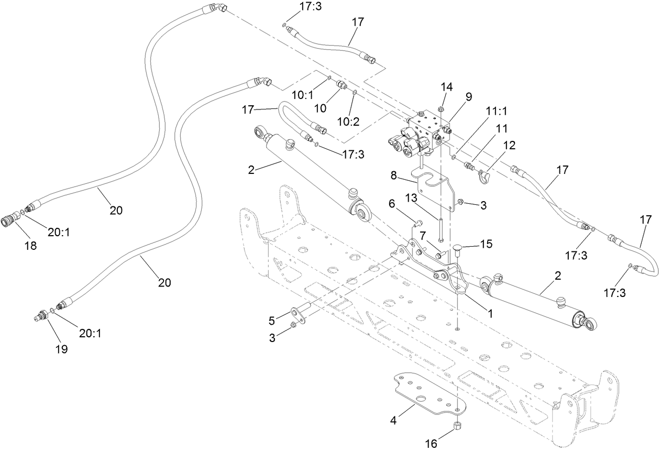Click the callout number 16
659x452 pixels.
click(x=430, y=444)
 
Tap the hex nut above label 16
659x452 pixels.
click(x=457, y=425)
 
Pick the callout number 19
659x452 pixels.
click(x=62, y=349)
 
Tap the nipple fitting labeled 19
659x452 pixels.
click(x=40, y=316)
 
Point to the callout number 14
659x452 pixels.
click(x=445, y=86)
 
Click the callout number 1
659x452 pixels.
click(x=490, y=313)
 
